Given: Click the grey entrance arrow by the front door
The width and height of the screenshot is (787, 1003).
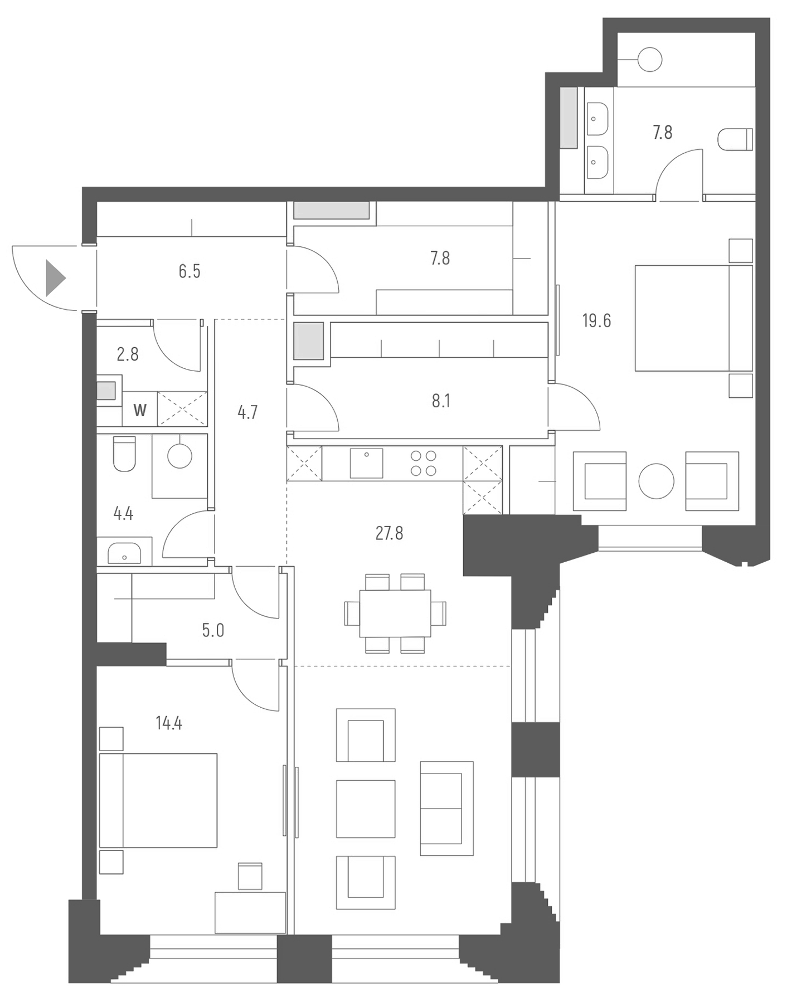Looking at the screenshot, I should tap(55, 277).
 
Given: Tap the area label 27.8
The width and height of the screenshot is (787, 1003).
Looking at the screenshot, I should tap(389, 533).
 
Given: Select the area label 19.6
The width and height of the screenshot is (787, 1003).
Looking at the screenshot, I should tap(596, 321).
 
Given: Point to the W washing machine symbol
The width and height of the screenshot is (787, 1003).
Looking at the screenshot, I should tap(140, 410).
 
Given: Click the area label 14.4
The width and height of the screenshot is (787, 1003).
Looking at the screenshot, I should tap(169, 723).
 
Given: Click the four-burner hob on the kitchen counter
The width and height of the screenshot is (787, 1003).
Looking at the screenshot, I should tap(423, 463).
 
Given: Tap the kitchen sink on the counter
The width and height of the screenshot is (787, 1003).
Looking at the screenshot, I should tap(366, 463).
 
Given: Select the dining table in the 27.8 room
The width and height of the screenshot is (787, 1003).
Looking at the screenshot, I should tap(395, 613).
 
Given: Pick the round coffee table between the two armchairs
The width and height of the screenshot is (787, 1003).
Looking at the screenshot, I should tap(656, 481).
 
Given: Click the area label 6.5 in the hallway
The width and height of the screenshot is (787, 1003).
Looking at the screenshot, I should tap(190, 271).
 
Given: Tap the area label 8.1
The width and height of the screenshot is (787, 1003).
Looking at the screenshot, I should tap(441, 401).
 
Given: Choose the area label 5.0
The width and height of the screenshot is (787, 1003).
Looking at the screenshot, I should tap(213, 630).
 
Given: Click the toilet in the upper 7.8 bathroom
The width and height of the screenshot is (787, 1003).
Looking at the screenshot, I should tap(735, 139).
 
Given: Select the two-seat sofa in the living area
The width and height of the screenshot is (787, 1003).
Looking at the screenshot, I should tap(446, 808).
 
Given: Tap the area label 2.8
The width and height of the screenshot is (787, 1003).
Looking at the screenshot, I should tap(128, 354).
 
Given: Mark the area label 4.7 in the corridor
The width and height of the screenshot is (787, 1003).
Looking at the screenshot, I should tap(247, 412).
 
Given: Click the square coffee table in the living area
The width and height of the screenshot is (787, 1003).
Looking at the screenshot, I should tap(366, 809).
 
